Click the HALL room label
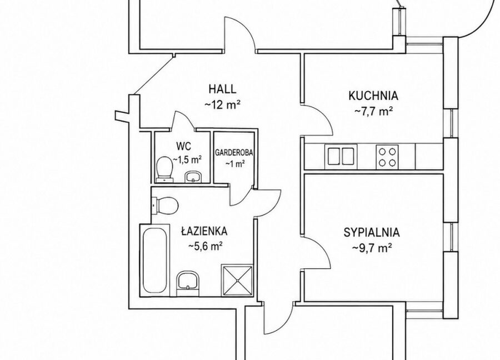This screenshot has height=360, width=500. tap(223, 89)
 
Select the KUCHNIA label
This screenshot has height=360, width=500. tap(373, 96)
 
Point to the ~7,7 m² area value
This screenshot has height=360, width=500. tap(373, 111)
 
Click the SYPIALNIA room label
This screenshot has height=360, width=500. tap(372, 232)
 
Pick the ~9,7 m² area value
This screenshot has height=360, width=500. tap(372, 248)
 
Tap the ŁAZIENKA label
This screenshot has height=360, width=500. tap(204, 231)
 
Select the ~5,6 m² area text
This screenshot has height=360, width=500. tap(206, 246)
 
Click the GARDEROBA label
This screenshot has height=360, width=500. tap(234, 153)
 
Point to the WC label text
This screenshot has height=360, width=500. tap(184, 146)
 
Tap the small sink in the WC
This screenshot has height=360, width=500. tap(193, 177)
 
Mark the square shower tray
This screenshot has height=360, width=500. tap(237, 281)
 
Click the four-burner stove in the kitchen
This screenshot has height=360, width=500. tap(387, 157)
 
